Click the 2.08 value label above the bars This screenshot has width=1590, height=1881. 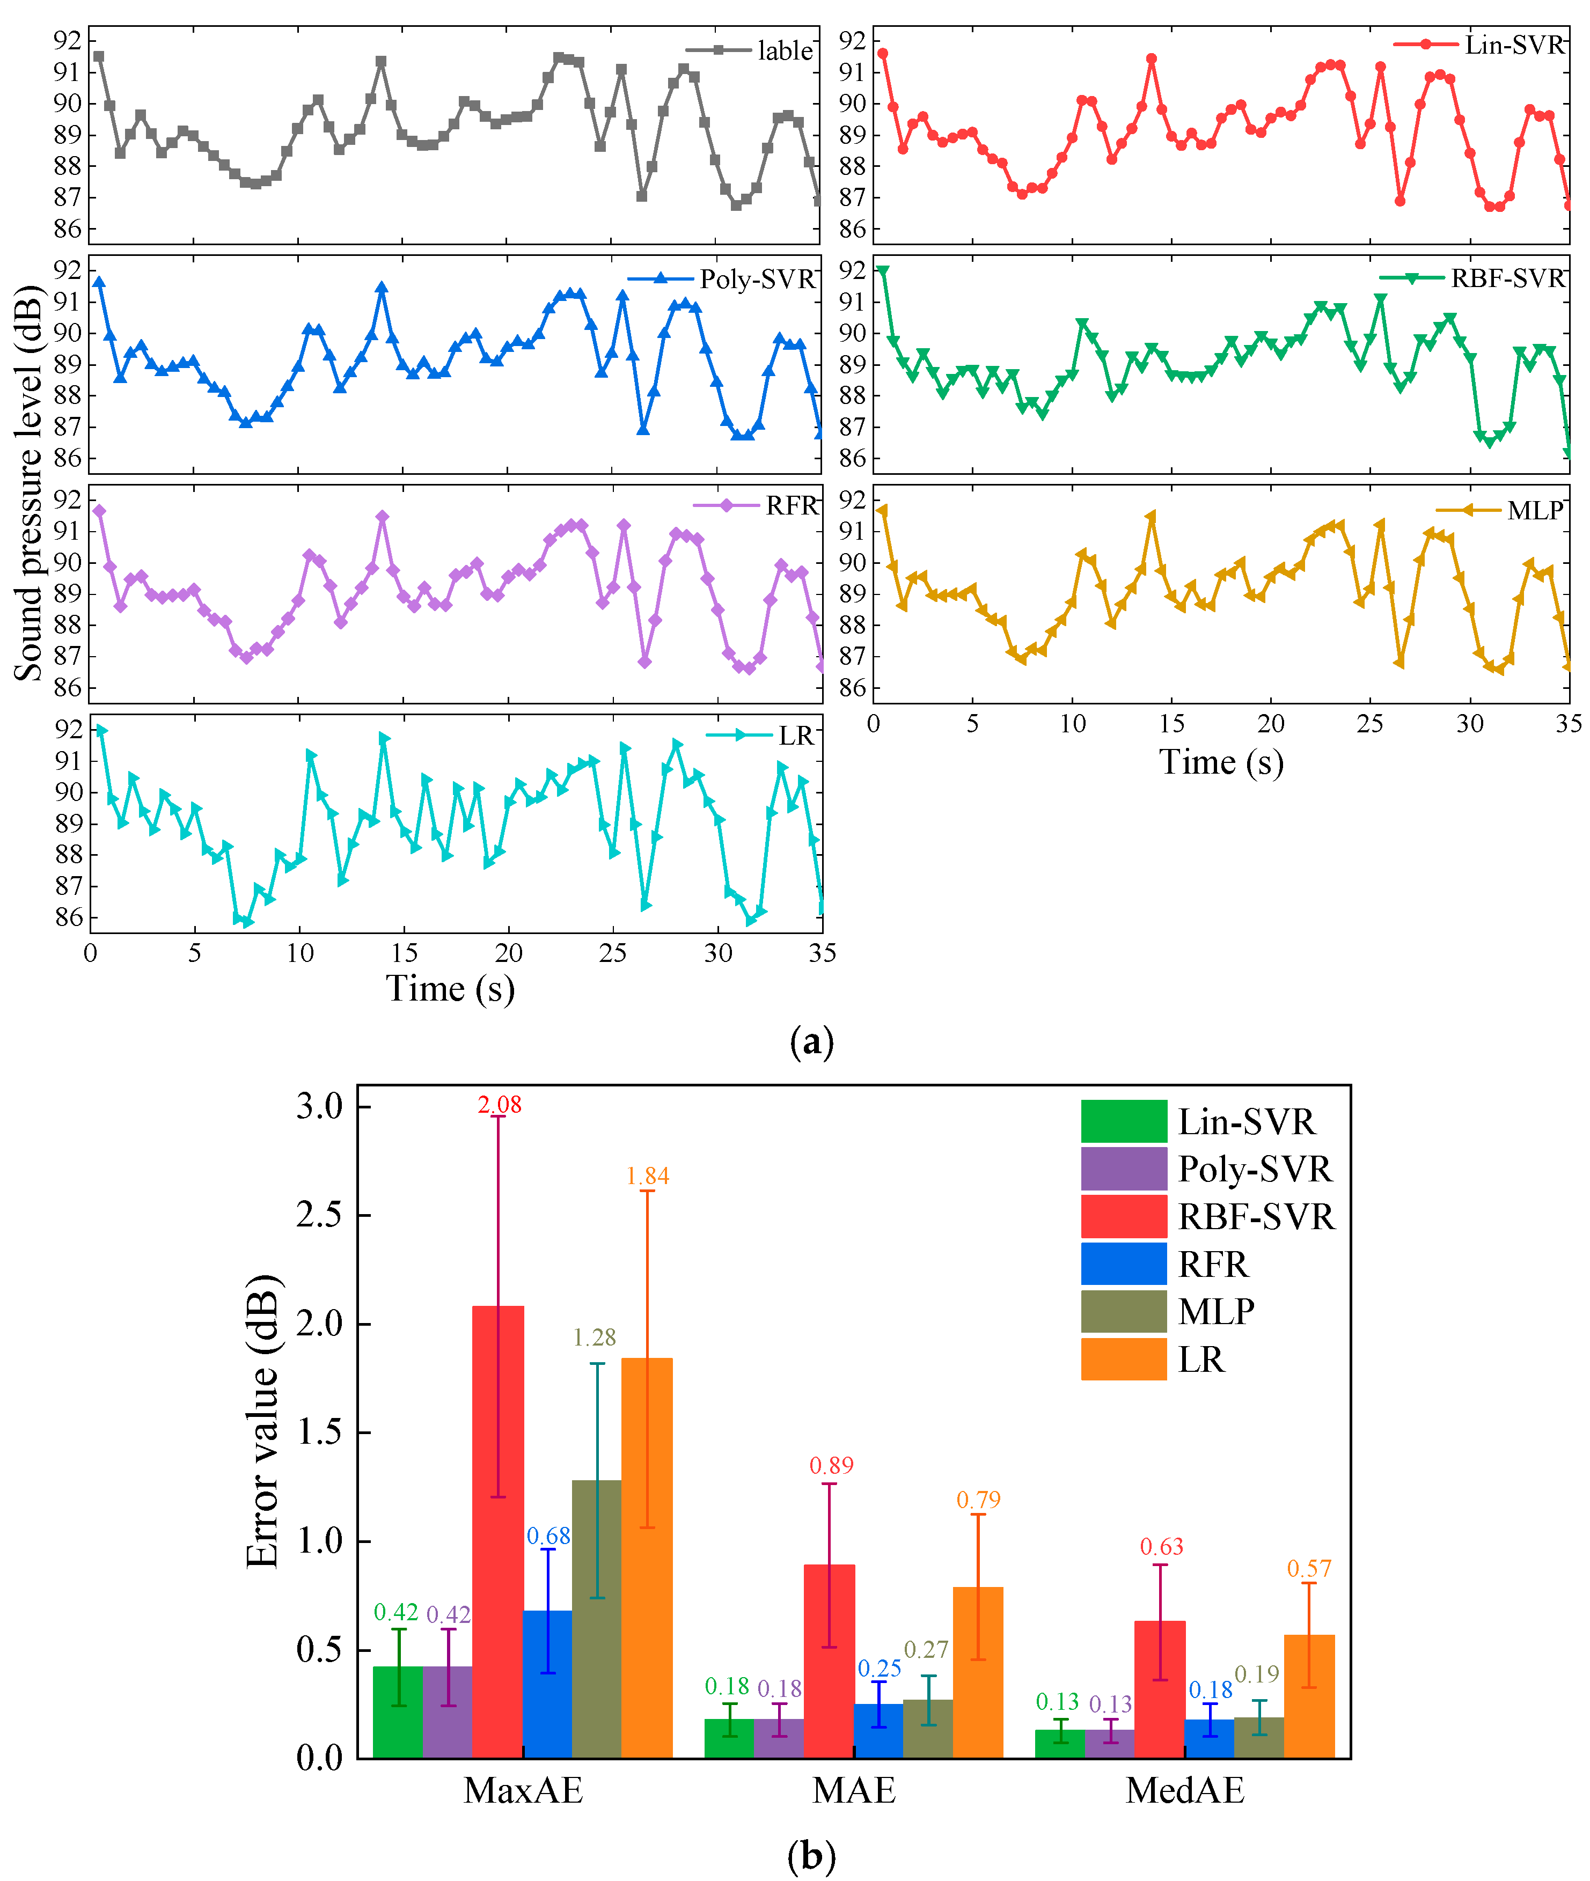coord(500,1105)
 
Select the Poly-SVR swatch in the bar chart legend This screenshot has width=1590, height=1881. coord(1123,1169)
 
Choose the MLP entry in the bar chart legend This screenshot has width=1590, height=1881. coord(1216,1311)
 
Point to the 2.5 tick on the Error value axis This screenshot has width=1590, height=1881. coord(320,1215)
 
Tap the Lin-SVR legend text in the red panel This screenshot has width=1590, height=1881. coord(1514,45)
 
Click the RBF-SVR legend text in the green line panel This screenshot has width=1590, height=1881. coord(1507,278)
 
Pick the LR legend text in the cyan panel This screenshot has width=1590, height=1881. coord(796,736)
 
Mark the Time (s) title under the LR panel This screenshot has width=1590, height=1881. coord(451,989)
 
